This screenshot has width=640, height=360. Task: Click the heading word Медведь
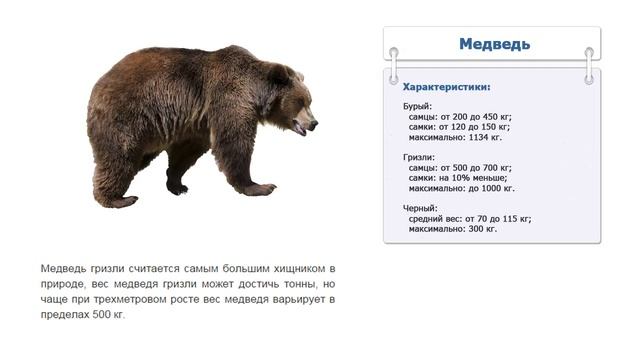pos(494,44)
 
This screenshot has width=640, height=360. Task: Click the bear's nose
pos(314,125)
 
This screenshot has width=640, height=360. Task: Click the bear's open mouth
pos(299,130)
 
